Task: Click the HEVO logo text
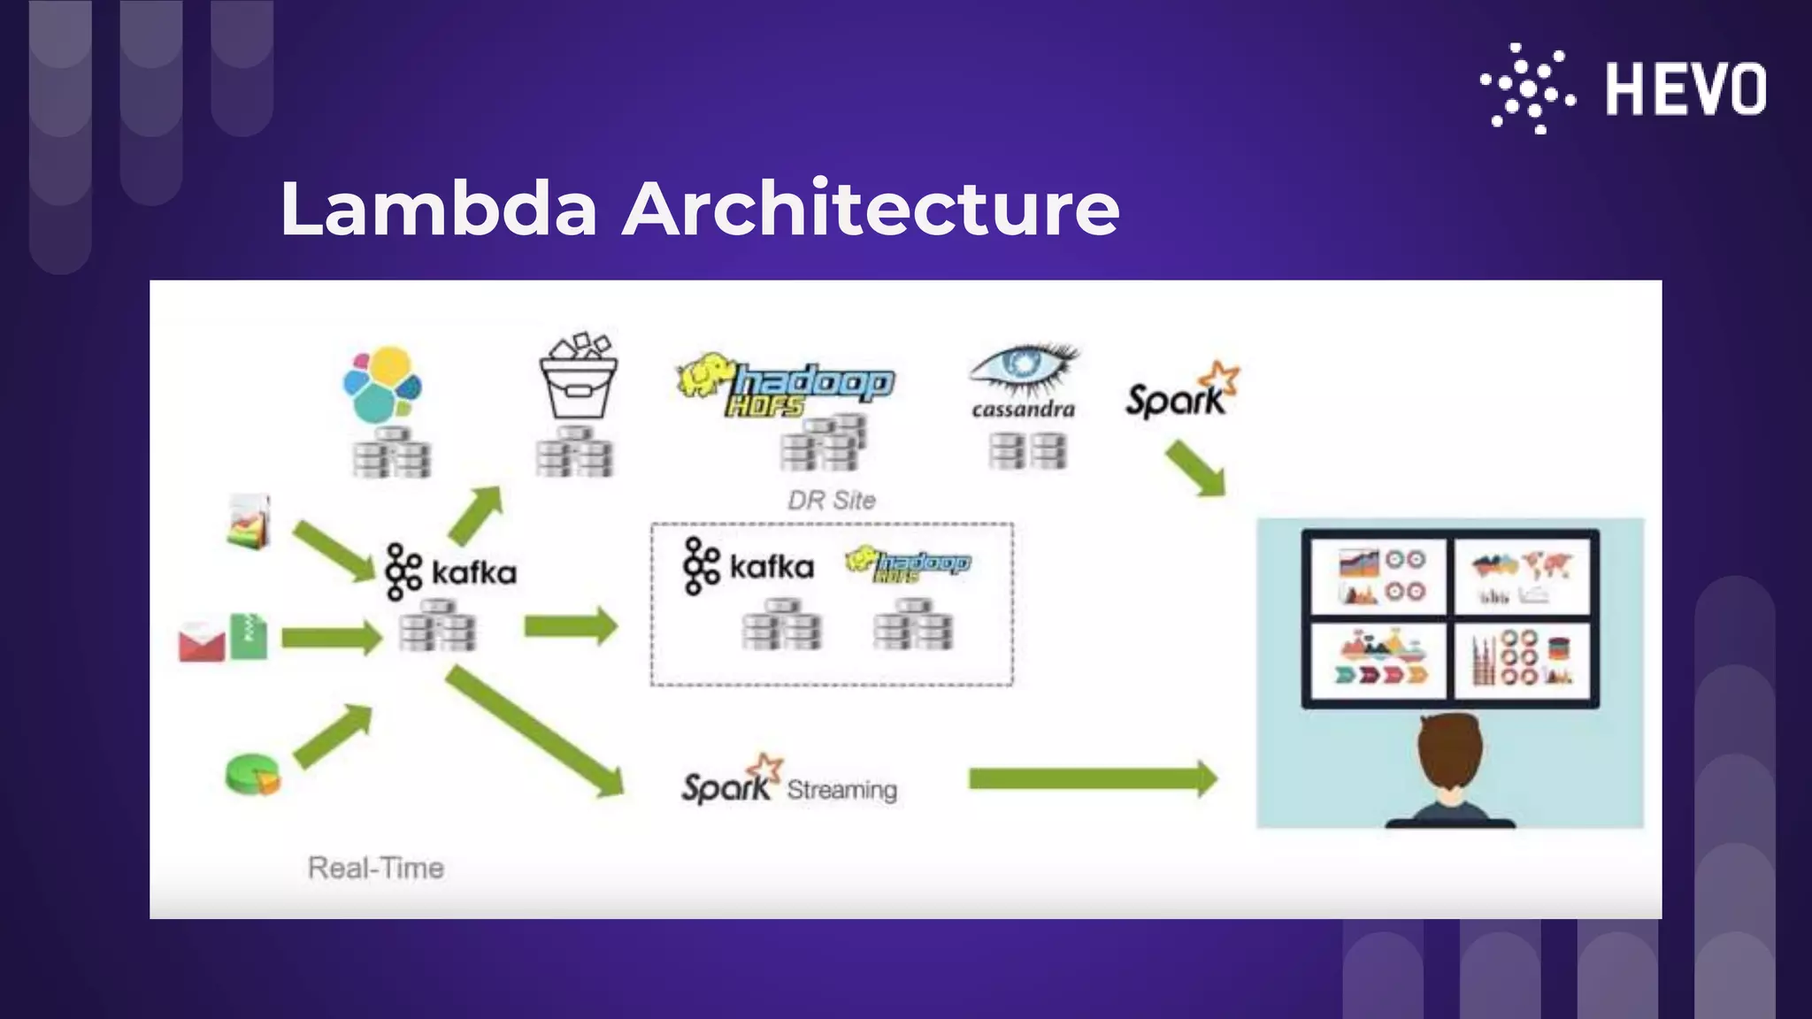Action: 1685,88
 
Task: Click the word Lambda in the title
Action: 439,209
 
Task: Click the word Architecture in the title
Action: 871,209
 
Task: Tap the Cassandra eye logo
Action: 1024,369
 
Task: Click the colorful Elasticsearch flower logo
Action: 382,385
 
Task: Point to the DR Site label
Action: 832,501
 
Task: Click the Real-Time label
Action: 376,868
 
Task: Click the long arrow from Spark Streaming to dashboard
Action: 1093,779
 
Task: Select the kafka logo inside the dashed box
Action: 749,566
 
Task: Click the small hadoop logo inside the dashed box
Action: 908,564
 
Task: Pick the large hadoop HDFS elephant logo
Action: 786,386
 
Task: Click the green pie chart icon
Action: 252,775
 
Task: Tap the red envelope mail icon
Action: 202,642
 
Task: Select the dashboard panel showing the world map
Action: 1521,576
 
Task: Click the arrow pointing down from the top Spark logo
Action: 1196,469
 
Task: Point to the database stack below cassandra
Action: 1028,451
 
